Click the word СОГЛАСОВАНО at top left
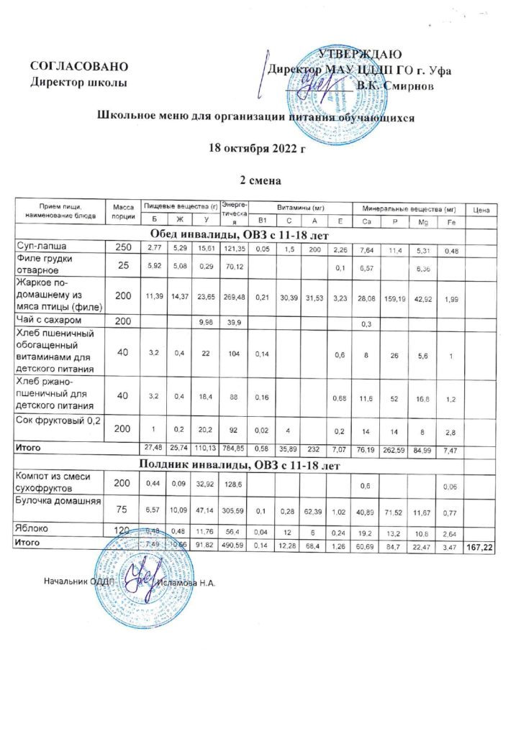[x=79, y=67]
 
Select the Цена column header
[x=481, y=209]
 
